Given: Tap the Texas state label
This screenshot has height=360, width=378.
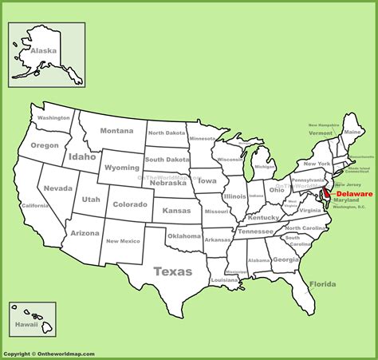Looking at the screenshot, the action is pyautogui.click(x=172, y=271).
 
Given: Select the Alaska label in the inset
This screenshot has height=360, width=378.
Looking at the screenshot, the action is pyautogui.click(x=44, y=49).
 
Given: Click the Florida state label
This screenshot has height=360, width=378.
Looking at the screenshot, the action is pyautogui.click(x=322, y=283).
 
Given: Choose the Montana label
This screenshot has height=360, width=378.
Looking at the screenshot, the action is pyautogui.click(x=116, y=131).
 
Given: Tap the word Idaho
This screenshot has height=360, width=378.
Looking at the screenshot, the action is pyautogui.click(x=82, y=156).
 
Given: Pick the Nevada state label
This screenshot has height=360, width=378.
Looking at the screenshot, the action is pyautogui.click(x=57, y=188).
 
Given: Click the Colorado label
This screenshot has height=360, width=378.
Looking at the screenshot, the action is pyautogui.click(x=130, y=204).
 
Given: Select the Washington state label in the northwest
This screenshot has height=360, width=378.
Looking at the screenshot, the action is pyautogui.click(x=53, y=118).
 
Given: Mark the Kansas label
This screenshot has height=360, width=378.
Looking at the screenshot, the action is pyautogui.click(x=176, y=209).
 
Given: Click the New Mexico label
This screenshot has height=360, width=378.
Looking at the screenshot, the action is pyautogui.click(x=123, y=240).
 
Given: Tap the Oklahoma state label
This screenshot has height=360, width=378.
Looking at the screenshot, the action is pyautogui.click(x=183, y=235).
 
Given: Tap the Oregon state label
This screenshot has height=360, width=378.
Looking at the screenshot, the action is pyautogui.click(x=45, y=145).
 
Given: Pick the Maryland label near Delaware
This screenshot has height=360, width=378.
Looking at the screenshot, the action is pyautogui.click(x=347, y=200).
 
